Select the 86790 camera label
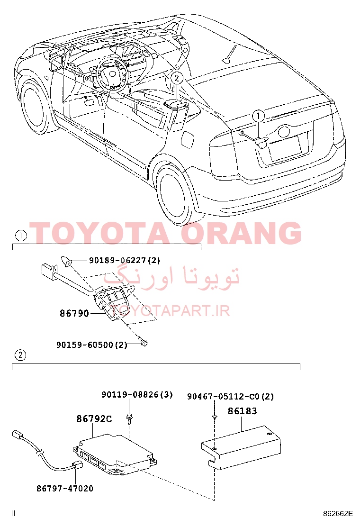74,313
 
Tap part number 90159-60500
85,345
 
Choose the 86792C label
94,419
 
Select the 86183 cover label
242,411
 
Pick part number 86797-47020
65,488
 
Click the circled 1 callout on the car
258,116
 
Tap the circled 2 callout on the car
177,78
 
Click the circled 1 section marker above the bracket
21,236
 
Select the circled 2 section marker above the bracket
20,355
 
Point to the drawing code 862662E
338,513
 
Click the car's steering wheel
111,75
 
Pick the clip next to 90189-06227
65,261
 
